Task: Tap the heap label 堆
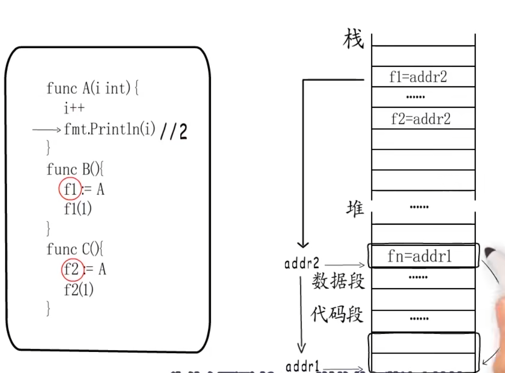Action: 355,209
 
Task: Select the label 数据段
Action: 338,281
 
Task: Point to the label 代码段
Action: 337,314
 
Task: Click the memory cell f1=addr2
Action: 418,77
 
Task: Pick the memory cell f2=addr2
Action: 421,118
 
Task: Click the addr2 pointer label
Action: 302,264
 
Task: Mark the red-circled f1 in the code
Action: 70,189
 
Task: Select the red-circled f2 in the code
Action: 71,269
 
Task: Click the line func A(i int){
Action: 93,88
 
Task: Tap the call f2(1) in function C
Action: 78,290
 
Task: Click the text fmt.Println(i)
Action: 110,129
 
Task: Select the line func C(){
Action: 75,249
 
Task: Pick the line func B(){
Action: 75,169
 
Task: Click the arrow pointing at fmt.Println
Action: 47,130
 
